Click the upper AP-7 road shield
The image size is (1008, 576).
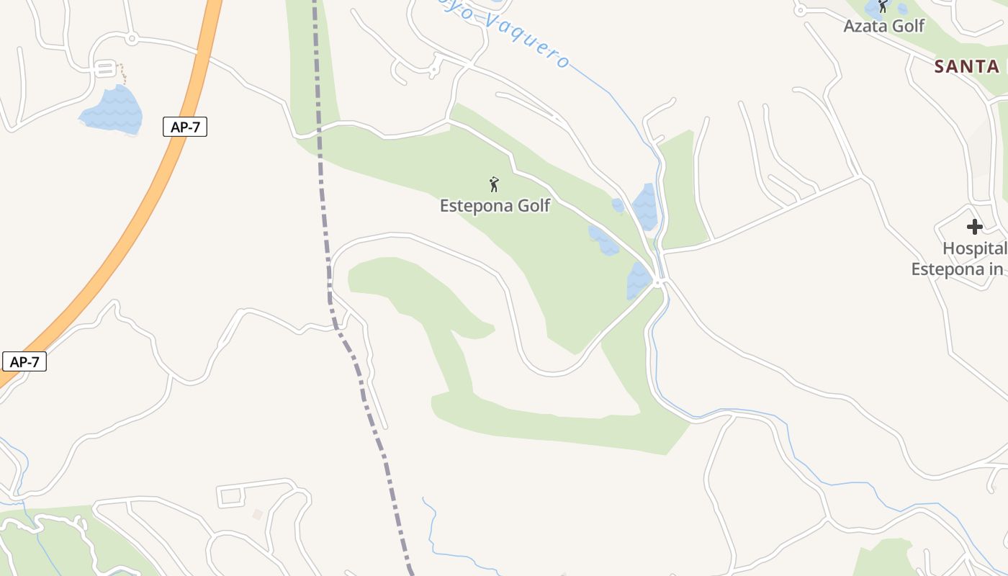click(185, 127)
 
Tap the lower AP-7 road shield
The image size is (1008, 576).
click(24, 361)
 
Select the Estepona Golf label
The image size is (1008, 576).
click(495, 206)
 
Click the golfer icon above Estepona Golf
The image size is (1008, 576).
click(494, 184)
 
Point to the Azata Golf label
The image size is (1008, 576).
click(883, 27)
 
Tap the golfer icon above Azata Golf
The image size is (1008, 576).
click(883, 6)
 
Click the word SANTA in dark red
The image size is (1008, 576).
click(967, 67)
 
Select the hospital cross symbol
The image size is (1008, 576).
click(974, 227)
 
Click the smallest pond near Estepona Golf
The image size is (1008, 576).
click(618, 205)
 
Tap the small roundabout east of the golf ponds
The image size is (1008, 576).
click(657, 284)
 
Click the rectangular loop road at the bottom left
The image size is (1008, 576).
click(231, 495)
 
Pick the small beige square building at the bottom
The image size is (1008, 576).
click(258, 514)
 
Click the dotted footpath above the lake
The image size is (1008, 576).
click(123, 73)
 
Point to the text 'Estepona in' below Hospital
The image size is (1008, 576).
click(957, 269)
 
